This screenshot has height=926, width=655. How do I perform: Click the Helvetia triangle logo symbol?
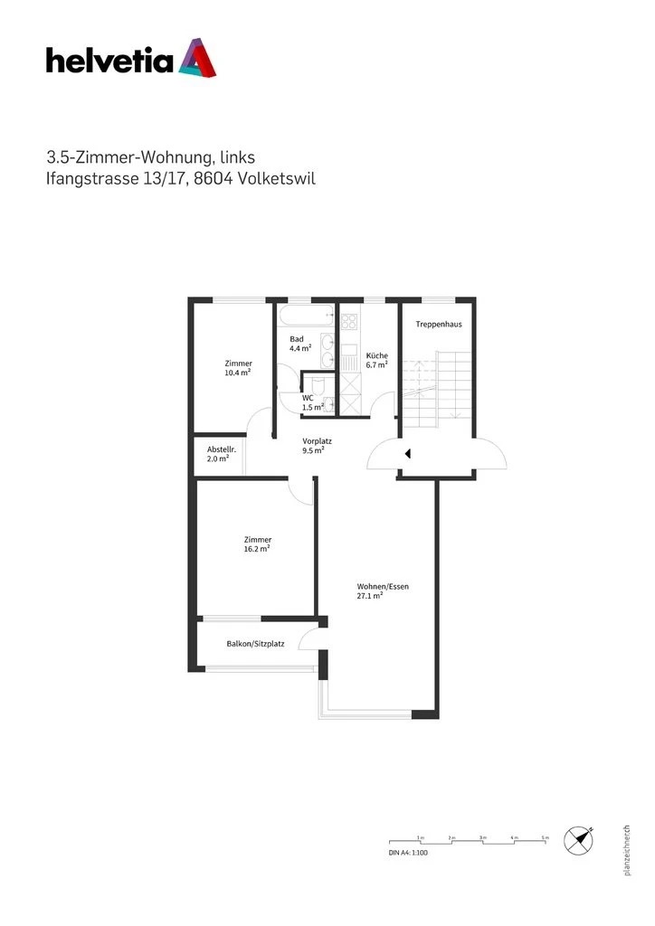click(x=197, y=57)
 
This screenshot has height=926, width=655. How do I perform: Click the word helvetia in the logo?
click(x=109, y=61)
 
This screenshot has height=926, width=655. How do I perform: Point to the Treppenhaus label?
click(x=439, y=325)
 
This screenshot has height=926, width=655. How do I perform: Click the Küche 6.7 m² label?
click(x=376, y=360)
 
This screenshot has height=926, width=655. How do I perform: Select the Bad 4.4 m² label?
click(x=299, y=343)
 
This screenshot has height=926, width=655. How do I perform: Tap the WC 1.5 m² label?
click(x=312, y=402)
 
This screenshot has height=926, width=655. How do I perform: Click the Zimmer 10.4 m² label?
click(x=238, y=367)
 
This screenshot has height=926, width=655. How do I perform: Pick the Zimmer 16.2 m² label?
click(x=258, y=543)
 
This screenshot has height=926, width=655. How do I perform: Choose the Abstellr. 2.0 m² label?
click(x=218, y=454)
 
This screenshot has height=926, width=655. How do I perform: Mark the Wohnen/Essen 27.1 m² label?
click(x=383, y=591)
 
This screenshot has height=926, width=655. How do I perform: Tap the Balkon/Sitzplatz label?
click(x=255, y=645)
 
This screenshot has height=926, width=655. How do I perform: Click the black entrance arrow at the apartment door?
click(x=409, y=453)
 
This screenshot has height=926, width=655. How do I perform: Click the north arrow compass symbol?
click(x=577, y=841)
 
